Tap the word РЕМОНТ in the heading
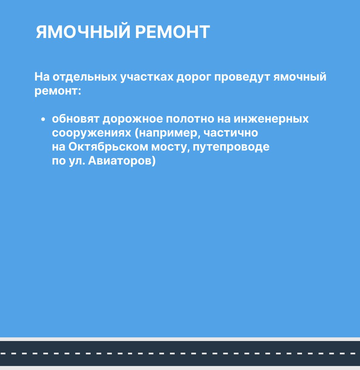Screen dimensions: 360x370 click(x=172, y=32)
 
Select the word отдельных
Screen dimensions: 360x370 click(x=85, y=77)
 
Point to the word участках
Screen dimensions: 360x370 click(x=147, y=77)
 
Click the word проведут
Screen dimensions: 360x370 click(x=242, y=77)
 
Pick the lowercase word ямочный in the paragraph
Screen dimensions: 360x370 click(x=300, y=77)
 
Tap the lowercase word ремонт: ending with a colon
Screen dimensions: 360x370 click(x=58, y=91)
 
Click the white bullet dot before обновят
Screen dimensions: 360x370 click(x=43, y=120)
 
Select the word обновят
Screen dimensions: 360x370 click(x=75, y=119)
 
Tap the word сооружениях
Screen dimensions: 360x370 click(x=91, y=133)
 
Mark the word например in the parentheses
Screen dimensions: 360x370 click(x=168, y=133)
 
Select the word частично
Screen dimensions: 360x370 click(x=231, y=133)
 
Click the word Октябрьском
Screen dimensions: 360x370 click(x=108, y=147)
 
